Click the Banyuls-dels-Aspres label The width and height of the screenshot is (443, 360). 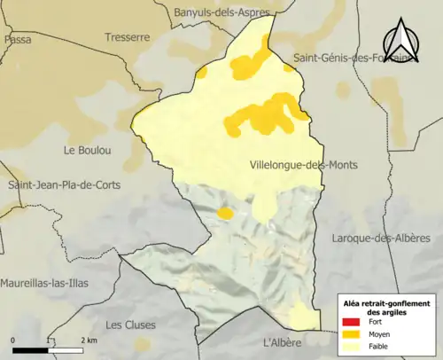pyautogui.click(x=216, y=12)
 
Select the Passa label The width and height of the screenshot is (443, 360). pyautogui.click(x=17, y=40)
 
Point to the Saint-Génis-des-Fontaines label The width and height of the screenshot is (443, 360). pyautogui.click(x=355, y=59)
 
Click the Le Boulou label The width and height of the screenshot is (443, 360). pyautogui.click(x=85, y=150)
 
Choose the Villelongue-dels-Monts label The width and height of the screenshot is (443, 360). pyautogui.click(x=305, y=165)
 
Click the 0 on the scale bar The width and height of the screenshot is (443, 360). pyautogui.click(x=13, y=340)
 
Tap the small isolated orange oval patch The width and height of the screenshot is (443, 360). pyautogui.click(x=225, y=213)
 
